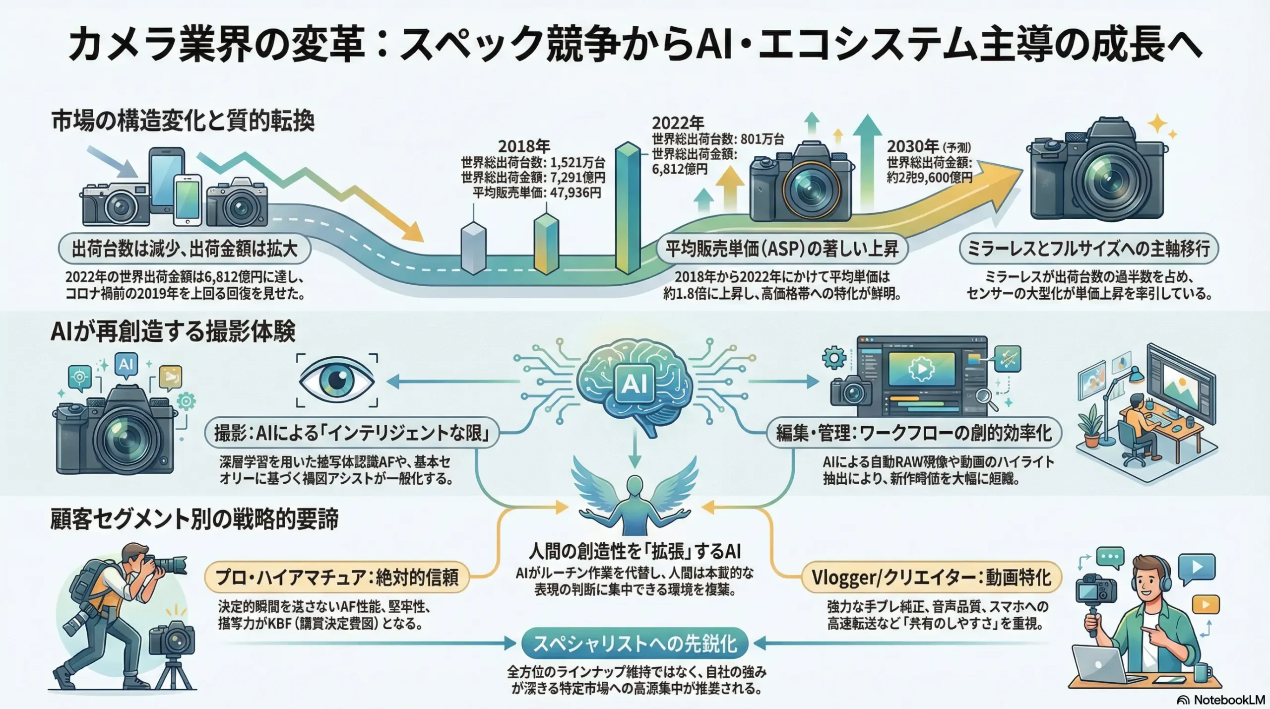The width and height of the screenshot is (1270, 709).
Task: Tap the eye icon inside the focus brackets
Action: point(337,381)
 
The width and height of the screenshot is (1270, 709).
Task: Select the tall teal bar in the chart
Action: point(627,208)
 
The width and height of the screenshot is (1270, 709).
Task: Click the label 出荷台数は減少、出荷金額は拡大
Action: point(185,249)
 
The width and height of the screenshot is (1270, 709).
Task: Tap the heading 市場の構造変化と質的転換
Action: point(183,121)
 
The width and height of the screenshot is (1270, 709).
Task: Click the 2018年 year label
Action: point(524,146)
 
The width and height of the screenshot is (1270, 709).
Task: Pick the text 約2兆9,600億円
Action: point(929,178)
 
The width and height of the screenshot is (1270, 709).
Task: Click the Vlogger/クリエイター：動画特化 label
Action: point(931,578)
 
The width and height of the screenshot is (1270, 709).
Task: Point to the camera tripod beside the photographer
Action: point(174,670)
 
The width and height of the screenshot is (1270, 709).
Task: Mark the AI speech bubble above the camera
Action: point(126,365)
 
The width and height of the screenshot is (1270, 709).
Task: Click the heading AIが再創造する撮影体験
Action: point(173,331)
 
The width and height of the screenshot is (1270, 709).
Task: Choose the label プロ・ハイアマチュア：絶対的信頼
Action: point(337,578)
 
